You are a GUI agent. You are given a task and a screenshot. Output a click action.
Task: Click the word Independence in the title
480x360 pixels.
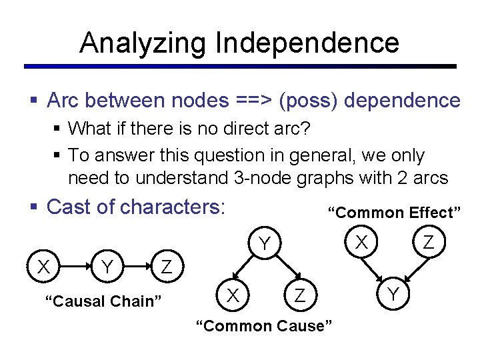[x=307, y=43]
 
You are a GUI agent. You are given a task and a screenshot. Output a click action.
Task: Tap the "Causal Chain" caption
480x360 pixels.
[x=103, y=301]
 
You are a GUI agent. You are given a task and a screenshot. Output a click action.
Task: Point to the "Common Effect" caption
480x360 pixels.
[x=394, y=213]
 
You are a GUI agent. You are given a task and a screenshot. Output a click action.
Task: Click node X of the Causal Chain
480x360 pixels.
[x=44, y=267]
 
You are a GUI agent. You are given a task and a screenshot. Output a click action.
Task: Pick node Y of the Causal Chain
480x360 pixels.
[x=105, y=267]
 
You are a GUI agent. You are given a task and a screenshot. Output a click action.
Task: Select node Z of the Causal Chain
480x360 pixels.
[x=167, y=267]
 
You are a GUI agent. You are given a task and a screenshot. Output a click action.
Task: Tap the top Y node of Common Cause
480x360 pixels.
[x=265, y=245]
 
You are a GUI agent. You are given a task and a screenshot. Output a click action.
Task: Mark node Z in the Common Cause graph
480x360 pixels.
[x=300, y=295]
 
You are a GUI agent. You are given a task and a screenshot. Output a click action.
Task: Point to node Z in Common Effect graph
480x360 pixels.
[x=429, y=243]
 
